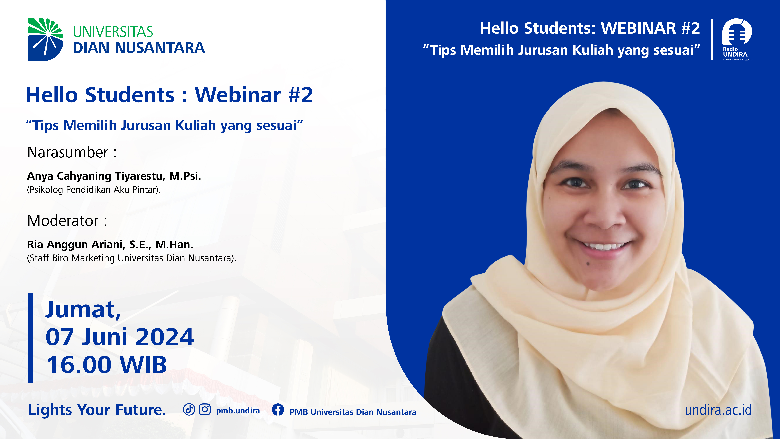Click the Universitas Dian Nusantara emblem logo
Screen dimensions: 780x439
pyautogui.click(x=45, y=39)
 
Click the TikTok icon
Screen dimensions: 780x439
pyautogui.click(x=189, y=410)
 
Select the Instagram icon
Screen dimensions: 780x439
pyautogui.click(x=205, y=410)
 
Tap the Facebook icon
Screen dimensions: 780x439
pyautogui.click(x=278, y=410)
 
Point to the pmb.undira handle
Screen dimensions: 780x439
pyautogui.click(x=238, y=411)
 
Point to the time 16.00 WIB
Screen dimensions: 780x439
pyautogui.click(x=107, y=364)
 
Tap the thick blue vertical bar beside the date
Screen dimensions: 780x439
pyautogui.click(x=30, y=337)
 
